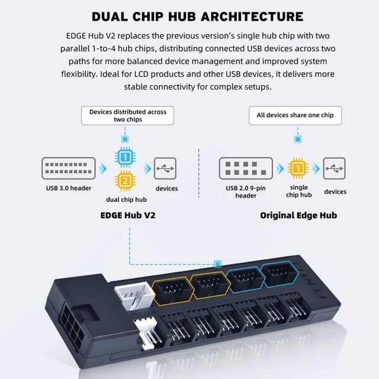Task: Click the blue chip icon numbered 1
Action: point(125,157)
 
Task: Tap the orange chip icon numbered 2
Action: point(125,181)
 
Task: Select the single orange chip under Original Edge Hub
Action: point(298,168)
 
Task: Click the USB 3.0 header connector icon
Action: point(69,168)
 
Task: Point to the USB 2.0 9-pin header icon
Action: point(246,168)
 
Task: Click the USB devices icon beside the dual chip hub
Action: point(165,168)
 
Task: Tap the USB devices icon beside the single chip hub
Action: point(334,168)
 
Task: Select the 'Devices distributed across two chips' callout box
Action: point(128,115)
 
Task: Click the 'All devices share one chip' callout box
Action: point(295,115)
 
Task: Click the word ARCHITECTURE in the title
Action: point(252,17)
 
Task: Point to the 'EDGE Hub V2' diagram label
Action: point(128,215)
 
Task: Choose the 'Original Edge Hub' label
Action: point(298,215)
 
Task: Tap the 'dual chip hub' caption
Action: point(126,200)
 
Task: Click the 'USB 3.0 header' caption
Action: point(69,188)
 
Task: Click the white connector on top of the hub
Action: point(134,296)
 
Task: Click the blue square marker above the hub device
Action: point(218,264)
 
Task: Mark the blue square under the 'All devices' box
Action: point(298,139)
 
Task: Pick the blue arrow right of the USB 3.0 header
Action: point(102,168)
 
